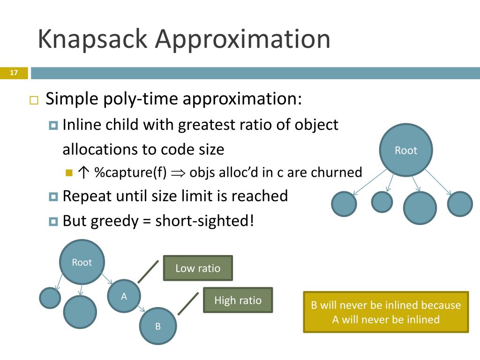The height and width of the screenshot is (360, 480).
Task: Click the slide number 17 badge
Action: point(14,73)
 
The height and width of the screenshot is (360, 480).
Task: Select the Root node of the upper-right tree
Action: point(405,150)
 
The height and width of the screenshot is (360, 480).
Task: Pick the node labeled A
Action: point(124,296)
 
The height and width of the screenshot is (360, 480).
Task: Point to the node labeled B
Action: point(158,326)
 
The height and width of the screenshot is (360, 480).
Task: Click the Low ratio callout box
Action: point(198,268)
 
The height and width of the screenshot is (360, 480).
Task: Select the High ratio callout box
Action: point(238,300)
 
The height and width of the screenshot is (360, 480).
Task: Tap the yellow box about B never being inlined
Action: point(386,312)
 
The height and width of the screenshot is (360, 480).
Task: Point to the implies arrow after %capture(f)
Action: point(178,173)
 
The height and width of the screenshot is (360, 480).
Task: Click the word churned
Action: point(337,172)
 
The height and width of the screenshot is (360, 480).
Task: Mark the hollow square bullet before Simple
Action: point(33,100)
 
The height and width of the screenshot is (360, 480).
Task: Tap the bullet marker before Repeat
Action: point(53,196)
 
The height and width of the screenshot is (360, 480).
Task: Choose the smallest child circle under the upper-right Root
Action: point(382,202)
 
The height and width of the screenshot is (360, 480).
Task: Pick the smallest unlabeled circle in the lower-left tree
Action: point(50,298)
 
